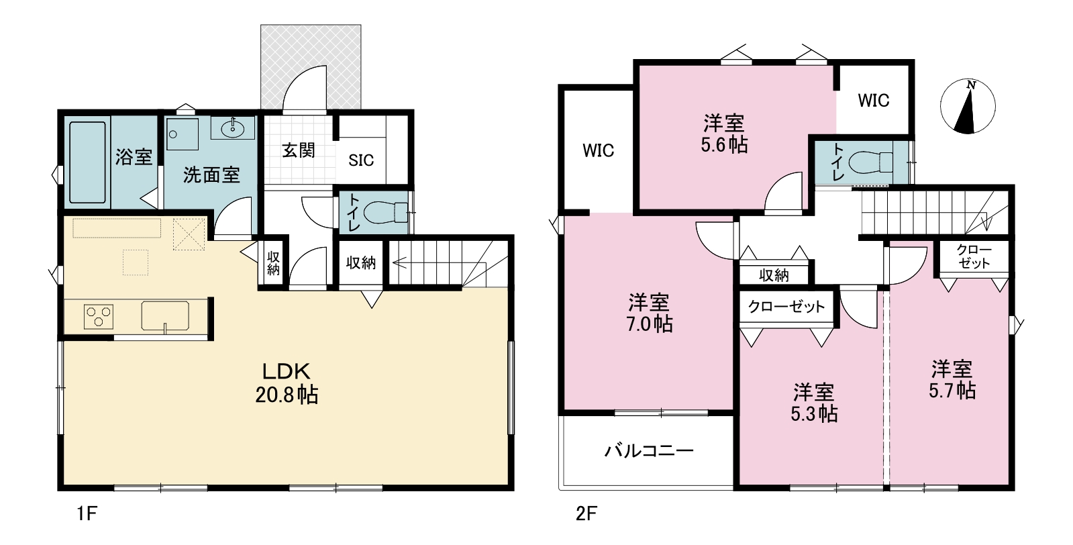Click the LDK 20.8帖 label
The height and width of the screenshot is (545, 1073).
pyautogui.click(x=287, y=383)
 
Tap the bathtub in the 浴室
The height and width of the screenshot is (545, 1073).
pyautogui.click(x=87, y=162)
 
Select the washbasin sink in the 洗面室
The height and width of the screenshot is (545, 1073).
pyautogui.click(x=233, y=128)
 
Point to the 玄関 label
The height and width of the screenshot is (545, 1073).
pyautogui.click(x=298, y=150)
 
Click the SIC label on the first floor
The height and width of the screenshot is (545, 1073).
pyautogui.click(x=361, y=160)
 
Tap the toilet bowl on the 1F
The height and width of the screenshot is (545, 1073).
pyautogui.click(x=386, y=213)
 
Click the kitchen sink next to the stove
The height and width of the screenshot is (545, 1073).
pyautogui.click(x=165, y=316)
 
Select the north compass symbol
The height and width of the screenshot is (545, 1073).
pyautogui.click(x=968, y=106)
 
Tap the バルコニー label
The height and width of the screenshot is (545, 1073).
pyautogui.click(x=649, y=450)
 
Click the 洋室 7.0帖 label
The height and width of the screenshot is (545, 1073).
pyautogui.click(x=649, y=313)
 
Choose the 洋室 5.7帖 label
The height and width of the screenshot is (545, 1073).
pyautogui.click(x=952, y=380)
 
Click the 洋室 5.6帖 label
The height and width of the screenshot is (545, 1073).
pyautogui.click(x=724, y=134)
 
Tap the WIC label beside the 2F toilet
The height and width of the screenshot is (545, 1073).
pyautogui.click(x=873, y=101)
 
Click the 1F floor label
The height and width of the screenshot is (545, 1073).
pyautogui.click(x=87, y=514)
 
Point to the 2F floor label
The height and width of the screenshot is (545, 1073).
pyautogui.click(x=586, y=514)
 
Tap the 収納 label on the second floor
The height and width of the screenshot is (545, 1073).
pyautogui.click(x=774, y=275)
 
